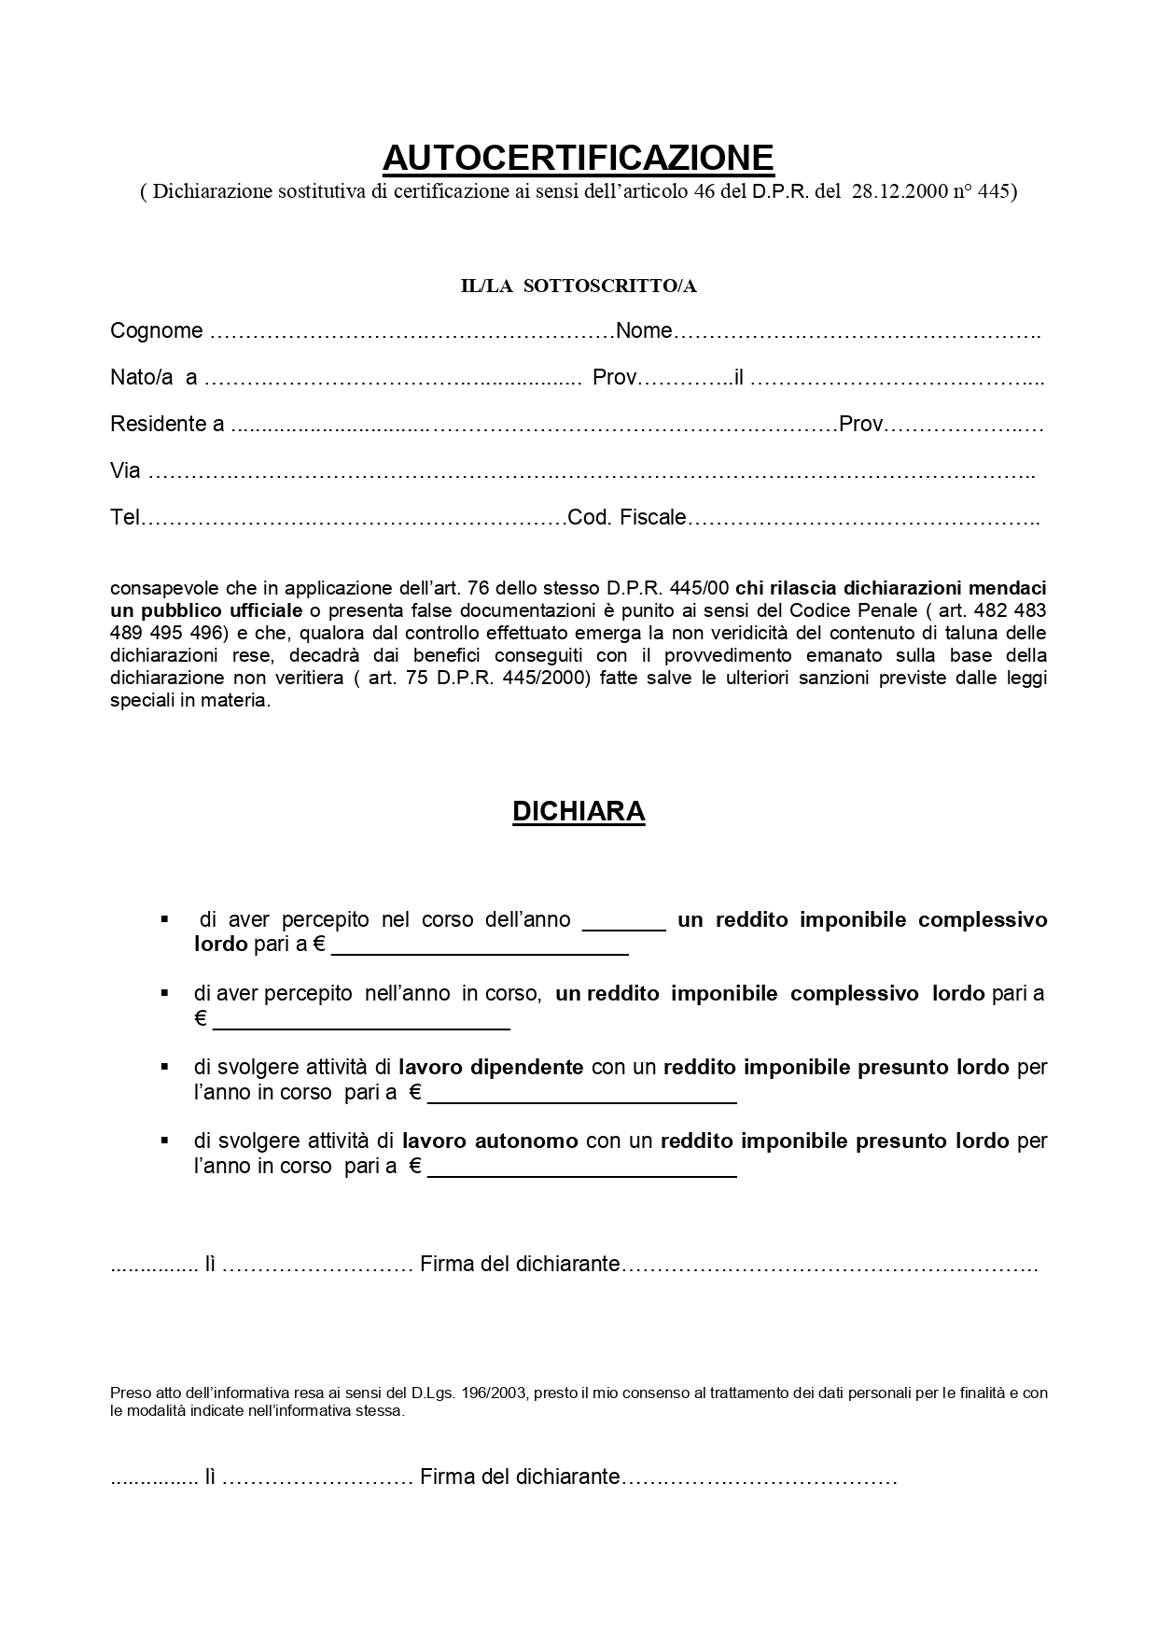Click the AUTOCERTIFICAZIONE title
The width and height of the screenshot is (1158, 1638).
pyautogui.click(x=578, y=158)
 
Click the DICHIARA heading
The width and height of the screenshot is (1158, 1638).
pyautogui.click(x=579, y=811)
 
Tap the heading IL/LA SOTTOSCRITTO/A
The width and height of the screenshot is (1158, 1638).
pyautogui.click(x=579, y=287)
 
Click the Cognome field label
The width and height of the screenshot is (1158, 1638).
pyautogui.click(x=156, y=331)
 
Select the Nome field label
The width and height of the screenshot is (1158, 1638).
pyautogui.click(x=644, y=331)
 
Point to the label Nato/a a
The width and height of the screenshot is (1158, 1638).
pyautogui.click(x=153, y=378)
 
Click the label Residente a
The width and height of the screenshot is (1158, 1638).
pyautogui.click(x=166, y=425)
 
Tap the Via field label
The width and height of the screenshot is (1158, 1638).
pyautogui.click(x=125, y=471)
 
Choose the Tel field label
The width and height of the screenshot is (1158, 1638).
pyautogui.click(x=124, y=518)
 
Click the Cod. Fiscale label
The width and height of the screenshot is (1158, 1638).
pyautogui.click(x=627, y=518)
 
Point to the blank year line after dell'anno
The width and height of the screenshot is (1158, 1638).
pyautogui.click(x=623, y=922)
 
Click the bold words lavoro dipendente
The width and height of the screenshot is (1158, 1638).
pyautogui.click(x=491, y=1067)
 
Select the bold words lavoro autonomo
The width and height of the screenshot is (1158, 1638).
pyautogui.click(x=490, y=1141)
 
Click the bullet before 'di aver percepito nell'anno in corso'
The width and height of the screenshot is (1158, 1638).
pyautogui.click(x=164, y=993)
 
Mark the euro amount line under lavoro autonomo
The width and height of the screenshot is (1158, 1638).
pyautogui.click(x=581, y=1170)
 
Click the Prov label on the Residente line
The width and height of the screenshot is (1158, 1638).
pyautogui.click(x=860, y=425)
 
